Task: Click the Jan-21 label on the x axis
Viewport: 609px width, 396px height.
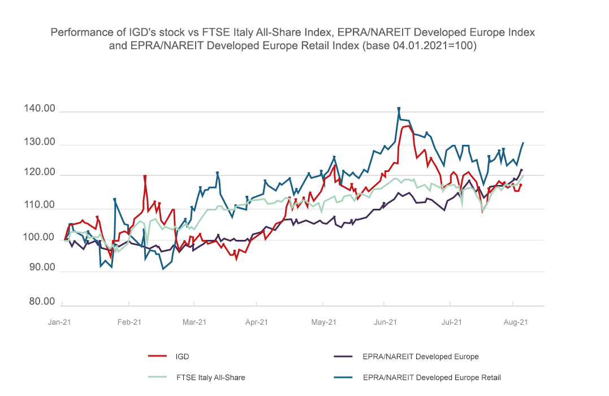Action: (x=60, y=322)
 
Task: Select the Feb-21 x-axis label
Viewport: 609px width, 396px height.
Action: (x=129, y=322)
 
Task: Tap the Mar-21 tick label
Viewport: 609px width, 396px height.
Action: (x=193, y=322)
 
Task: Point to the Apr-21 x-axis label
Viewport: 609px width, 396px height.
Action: (x=257, y=322)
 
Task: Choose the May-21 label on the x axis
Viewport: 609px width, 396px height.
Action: (x=324, y=322)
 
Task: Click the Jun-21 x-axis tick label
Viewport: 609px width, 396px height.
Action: (x=386, y=322)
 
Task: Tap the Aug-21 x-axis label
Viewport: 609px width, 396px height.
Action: (x=516, y=322)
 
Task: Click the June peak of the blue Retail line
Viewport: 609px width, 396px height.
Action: (x=399, y=108)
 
